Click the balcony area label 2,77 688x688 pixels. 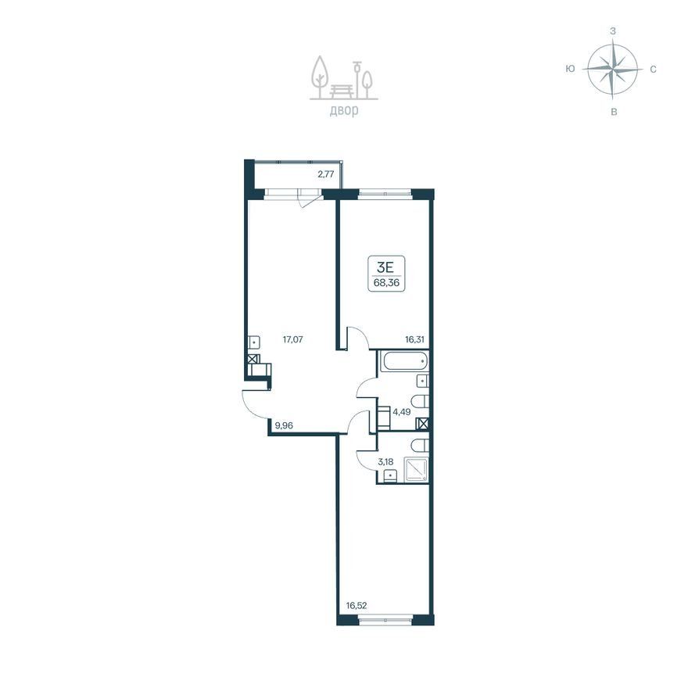(x=326, y=174)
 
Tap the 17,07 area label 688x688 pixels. (x=292, y=339)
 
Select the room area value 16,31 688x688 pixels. (x=414, y=339)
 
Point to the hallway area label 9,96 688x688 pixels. (x=284, y=425)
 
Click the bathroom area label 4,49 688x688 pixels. (x=402, y=411)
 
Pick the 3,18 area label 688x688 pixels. (x=385, y=461)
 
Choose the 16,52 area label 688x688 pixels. (x=357, y=606)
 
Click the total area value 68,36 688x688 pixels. (x=386, y=282)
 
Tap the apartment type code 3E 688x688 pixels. (x=386, y=267)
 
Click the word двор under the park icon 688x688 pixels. (x=344, y=110)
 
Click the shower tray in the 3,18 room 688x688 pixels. (x=415, y=469)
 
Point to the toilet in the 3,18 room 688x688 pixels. (x=420, y=446)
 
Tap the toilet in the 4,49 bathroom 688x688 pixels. (x=420, y=402)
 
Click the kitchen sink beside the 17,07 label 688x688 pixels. (x=254, y=342)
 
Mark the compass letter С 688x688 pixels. (x=653, y=70)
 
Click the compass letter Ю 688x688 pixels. (x=570, y=69)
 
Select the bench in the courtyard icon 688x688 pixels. (x=342, y=91)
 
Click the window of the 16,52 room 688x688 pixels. (x=385, y=620)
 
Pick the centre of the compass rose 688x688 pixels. (x=612, y=70)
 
